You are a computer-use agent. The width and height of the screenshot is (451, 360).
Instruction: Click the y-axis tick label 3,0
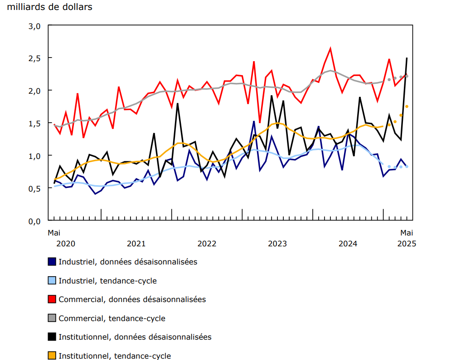coord(35,26)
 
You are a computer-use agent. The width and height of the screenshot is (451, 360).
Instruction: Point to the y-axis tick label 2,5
coord(35,58)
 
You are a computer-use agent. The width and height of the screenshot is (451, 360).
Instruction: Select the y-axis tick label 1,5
coord(35,123)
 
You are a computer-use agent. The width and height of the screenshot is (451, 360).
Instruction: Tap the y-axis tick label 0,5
coord(35,188)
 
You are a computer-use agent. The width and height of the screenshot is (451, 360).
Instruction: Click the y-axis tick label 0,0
coord(35,221)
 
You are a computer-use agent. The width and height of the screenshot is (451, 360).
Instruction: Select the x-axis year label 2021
coord(136,244)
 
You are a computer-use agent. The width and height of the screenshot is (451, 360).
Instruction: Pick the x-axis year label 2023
coord(277,244)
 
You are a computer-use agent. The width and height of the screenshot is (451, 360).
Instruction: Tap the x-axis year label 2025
coord(407,244)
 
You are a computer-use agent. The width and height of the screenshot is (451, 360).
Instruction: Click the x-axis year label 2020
coord(66,244)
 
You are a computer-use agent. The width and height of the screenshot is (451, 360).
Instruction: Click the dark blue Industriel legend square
coord(52,262)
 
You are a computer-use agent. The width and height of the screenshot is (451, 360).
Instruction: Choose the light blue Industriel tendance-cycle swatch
coord(52,281)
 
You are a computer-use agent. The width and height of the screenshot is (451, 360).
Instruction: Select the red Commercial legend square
coord(52,299)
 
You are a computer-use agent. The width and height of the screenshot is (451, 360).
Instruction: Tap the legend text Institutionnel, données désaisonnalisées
coord(135,337)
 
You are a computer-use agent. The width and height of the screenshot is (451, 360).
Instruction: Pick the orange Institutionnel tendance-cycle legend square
coord(52,356)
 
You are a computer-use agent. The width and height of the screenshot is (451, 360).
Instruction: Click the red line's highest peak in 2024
coord(330,48)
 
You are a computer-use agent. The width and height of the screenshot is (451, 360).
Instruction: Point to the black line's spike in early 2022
coord(177,104)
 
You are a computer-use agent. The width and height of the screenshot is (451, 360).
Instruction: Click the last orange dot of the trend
coord(407,106)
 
